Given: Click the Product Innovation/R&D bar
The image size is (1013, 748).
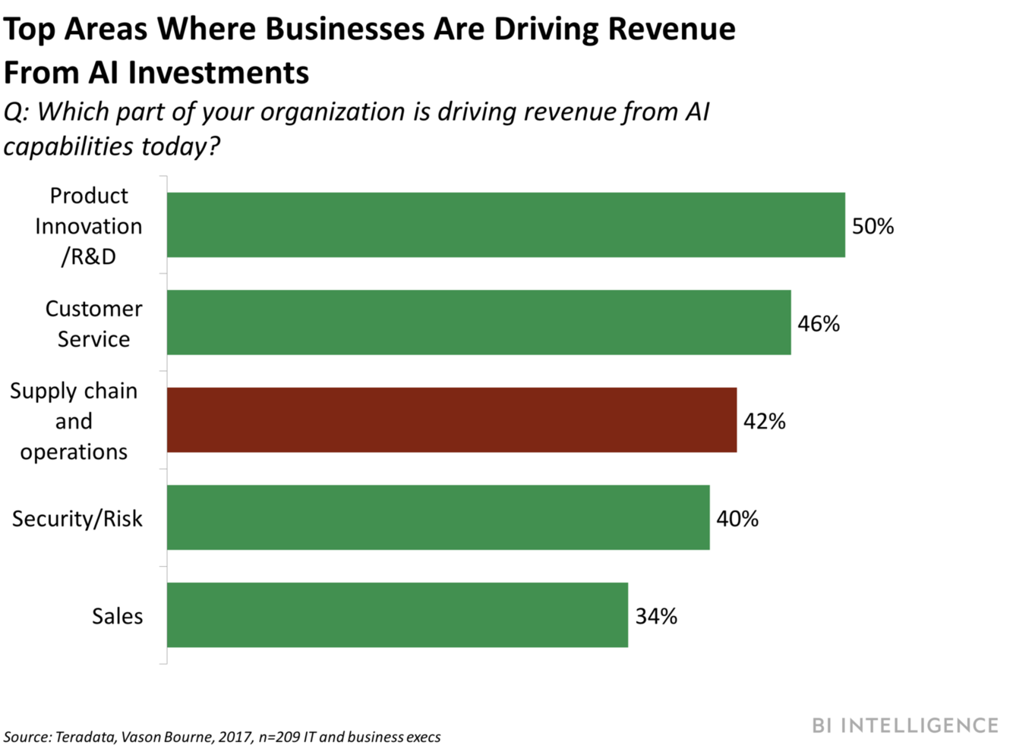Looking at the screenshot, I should coord(506,225).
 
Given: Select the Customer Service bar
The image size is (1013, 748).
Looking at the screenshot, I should coord(478,322).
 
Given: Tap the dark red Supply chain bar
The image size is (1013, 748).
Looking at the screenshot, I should coord(452,420).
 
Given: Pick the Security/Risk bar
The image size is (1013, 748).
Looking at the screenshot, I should coord(438,517).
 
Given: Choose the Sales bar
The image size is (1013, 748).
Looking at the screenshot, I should coord(397,615).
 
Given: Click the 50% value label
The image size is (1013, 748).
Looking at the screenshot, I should coord(873,226).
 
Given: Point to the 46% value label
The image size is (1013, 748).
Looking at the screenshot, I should coord(819,324).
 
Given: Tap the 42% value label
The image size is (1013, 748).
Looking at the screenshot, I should coord(764,421).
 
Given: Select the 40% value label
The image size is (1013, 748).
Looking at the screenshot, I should coord(737,519).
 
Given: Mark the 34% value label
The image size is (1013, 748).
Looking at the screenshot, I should coord(656,616).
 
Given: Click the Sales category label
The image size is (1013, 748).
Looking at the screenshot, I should coord(117,616).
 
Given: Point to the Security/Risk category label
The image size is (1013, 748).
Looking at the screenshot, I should coord(77,519).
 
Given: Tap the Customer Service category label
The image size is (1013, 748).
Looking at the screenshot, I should coord(93,324).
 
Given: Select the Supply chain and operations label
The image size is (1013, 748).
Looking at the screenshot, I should coord(74,421).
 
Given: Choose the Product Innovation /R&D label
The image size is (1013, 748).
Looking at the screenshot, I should coord(88,226).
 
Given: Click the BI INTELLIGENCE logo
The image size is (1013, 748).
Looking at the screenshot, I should coord(904,725).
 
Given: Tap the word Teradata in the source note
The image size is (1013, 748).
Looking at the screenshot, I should coord(86,737).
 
